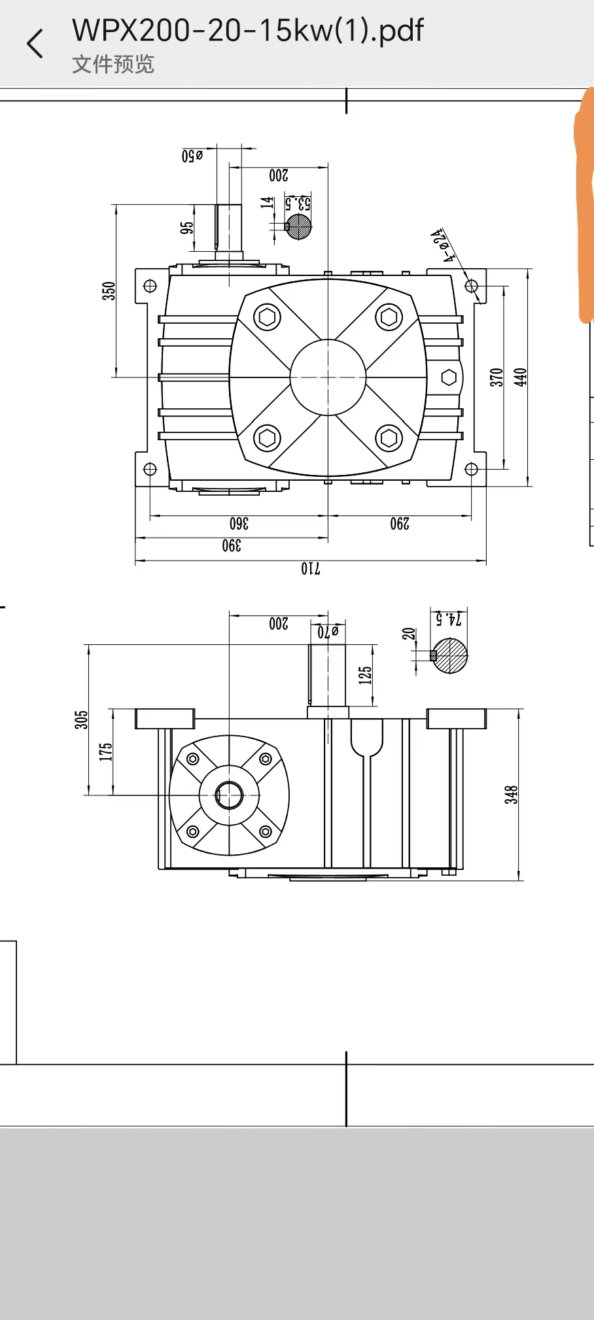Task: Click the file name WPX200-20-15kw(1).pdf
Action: pos(247,30)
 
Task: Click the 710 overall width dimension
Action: pos(311,568)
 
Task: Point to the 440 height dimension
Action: pos(520,377)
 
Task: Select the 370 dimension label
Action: pos(497,377)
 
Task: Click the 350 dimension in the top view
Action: pos(109,290)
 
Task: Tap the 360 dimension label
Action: pos(239,523)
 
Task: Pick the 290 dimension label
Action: pos(400,523)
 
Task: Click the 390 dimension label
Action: pos(232,546)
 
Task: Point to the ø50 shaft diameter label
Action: pos(192,156)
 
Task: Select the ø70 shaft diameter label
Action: pos(328,632)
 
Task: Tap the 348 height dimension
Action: pos(511,794)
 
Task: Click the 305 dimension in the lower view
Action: pos(80,720)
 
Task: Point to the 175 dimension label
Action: pos(105,752)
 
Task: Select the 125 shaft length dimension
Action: pos(365,675)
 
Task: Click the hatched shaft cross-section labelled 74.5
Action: pos(451,655)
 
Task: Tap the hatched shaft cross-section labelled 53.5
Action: pos(299,226)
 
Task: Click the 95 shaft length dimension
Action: pos(186,228)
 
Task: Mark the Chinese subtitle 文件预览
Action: pos(113,64)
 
